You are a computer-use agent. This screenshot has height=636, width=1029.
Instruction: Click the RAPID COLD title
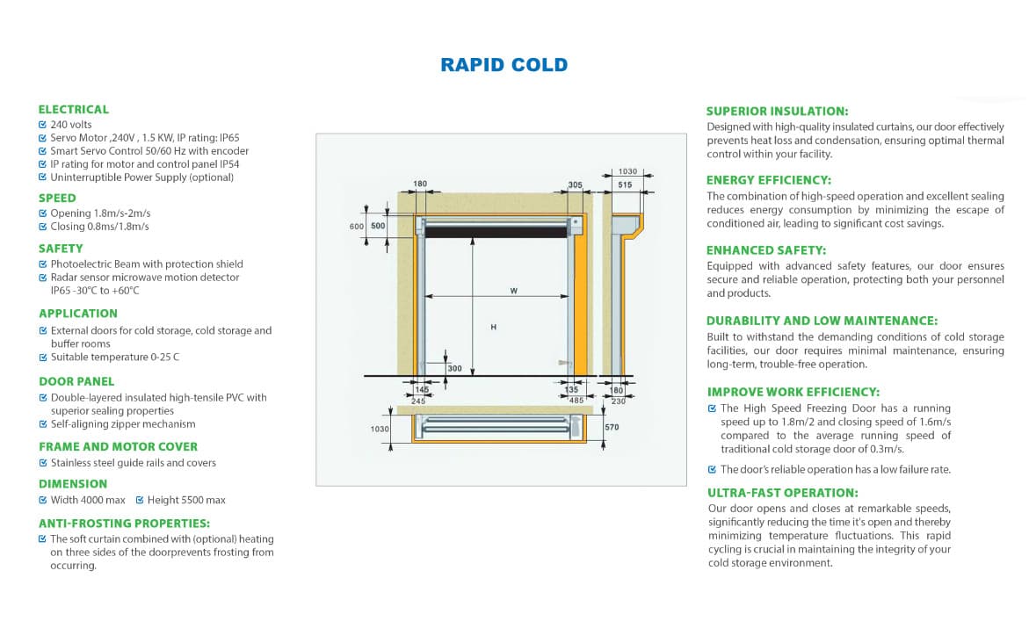pos(504,65)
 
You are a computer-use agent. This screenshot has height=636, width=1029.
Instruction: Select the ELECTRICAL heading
pos(74,110)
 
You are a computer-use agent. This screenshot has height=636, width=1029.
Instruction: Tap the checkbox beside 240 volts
pos(43,125)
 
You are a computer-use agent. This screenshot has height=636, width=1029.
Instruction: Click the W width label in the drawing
pos(513,291)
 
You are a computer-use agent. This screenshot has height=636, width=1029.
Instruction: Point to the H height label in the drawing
pos(494,327)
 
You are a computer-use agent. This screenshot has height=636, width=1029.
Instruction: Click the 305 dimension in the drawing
pos(575,184)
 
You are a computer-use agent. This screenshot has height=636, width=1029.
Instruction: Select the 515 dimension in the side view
pos(625,185)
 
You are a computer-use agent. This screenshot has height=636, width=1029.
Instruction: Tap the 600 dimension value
pos(357,227)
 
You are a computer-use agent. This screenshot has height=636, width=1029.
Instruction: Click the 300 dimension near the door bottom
pos(454,369)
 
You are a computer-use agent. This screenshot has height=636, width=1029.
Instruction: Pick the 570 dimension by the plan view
pos(612,427)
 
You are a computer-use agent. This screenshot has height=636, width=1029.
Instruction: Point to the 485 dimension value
pos(576,401)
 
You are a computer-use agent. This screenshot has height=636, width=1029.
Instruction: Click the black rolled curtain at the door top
pos(496,232)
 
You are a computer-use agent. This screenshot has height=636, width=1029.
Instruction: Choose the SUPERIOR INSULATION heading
pos(777,112)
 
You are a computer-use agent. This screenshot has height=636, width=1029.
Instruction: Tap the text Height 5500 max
pos(186,500)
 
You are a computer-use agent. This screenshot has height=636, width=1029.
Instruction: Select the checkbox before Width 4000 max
pos(43,500)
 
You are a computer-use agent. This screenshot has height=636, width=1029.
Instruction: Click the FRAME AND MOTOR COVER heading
pos(118,446)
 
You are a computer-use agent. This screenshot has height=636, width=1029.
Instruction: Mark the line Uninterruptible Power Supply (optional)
pos(141,177)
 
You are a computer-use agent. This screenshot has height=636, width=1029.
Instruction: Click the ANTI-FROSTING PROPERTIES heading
pos(124,523)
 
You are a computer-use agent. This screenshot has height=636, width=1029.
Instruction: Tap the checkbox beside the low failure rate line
pos(713,469)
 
